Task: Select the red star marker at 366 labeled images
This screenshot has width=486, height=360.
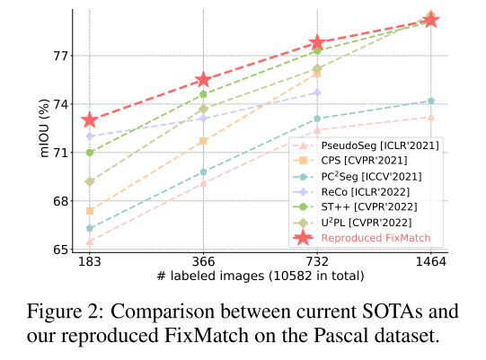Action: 204,81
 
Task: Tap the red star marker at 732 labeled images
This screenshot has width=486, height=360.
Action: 317,42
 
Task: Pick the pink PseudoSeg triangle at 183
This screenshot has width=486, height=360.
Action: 90,241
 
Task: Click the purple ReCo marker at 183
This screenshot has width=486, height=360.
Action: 90,136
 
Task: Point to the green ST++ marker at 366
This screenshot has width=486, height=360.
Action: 204,94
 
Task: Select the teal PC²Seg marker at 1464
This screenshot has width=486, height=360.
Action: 431,101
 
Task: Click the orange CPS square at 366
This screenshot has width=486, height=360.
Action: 204,141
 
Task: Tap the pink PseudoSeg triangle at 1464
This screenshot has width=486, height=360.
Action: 431,117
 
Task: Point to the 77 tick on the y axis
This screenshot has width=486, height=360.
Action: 61,56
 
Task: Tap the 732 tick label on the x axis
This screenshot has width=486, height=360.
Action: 317,262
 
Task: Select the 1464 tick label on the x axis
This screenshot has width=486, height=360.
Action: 431,262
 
